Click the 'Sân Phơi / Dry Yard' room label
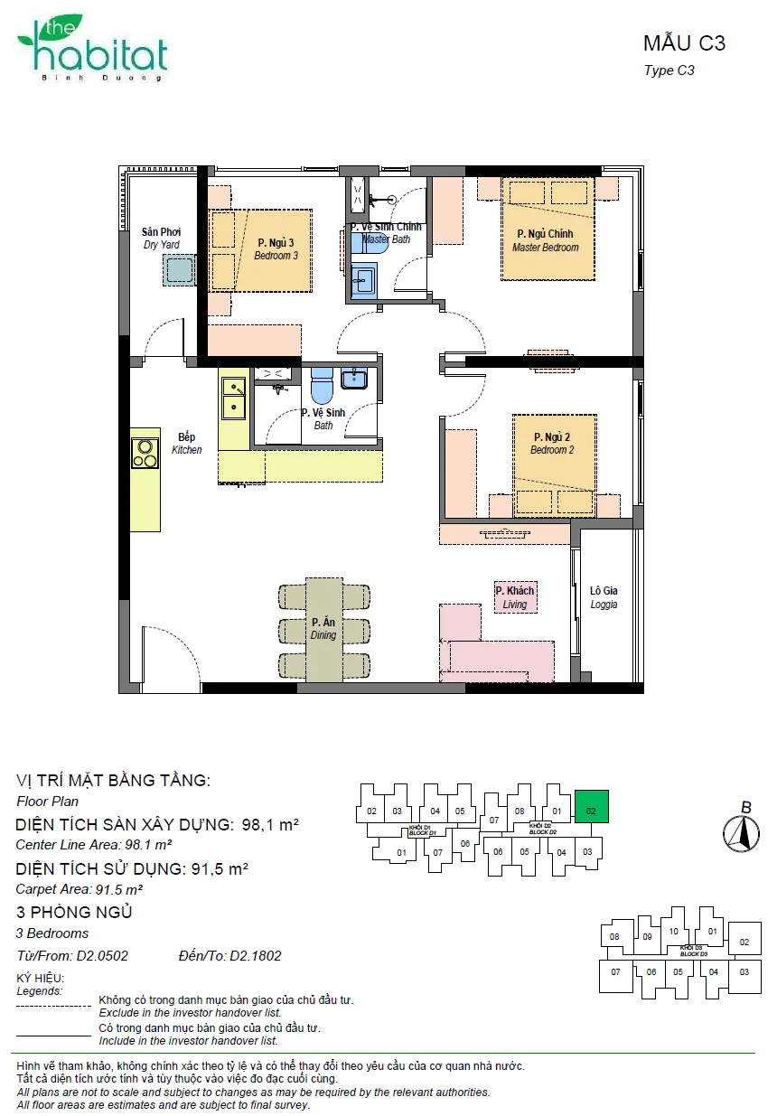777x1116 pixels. [x=161, y=239]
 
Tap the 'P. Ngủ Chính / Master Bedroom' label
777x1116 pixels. [x=546, y=240]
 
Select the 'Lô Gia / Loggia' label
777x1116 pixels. [x=604, y=597]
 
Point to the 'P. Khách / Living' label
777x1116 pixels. [x=515, y=597]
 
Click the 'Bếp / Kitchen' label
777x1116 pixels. [x=187, y=444]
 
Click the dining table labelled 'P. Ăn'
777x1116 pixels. [x=323, y=630]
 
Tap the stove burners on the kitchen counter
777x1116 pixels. [x=145, y=454]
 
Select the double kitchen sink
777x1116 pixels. [x=233, y=399]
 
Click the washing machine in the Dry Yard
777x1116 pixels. [x=179, y=270]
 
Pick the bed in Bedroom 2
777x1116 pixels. [x=555, y=466]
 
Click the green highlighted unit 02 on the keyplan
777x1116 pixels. [x=591, y=806]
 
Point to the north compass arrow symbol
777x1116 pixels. [x=742, y=833]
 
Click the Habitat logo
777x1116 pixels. [x=93, y=48]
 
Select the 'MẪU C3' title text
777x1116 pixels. [x=684, y=44]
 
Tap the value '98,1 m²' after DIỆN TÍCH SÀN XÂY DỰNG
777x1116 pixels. [x=270, y=825]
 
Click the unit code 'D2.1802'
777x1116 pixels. [x=255, y=955]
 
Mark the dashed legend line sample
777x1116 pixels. [x=53, y=1006]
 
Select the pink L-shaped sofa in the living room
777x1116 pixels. [x=497, y=643]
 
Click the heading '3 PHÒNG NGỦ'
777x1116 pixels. [x=74, y=913]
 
